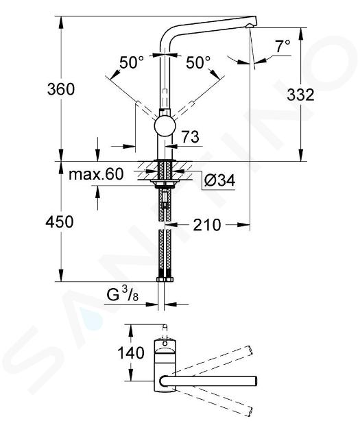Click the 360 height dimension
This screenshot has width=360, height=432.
pos(60,89)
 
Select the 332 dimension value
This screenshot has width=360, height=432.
pos(300,95)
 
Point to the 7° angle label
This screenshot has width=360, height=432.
pos(283,46)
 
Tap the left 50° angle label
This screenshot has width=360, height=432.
pos(132,62)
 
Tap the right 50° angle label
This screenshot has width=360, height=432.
pos(198,62)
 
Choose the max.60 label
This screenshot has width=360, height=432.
pos(96,174)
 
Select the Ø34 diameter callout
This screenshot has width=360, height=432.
pos(220,181)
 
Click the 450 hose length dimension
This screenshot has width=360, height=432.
pos(60,221)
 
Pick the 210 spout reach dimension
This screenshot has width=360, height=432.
pos(207,225)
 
